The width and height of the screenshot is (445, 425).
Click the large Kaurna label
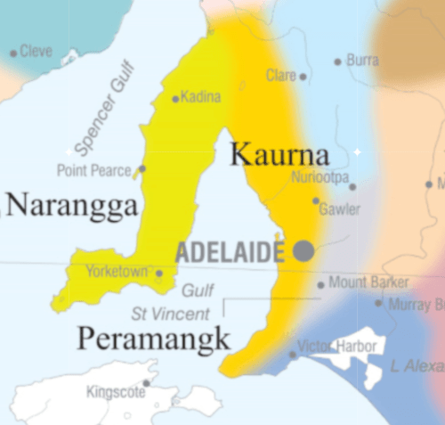click(x=279, y=154)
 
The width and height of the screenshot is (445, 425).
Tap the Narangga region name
click(x=71, y=206)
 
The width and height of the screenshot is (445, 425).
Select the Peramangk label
click(x=153, y=339)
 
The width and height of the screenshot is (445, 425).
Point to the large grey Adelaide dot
click(x=303, y=250)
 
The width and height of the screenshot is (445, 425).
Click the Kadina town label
click(x=200, y=97)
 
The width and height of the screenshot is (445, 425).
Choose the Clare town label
click(x=280, y=76)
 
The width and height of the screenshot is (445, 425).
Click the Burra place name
click(x=362, y=61)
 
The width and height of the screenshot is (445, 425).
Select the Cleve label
click(x=36, y=52)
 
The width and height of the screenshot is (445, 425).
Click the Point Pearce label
click(x=93, y=169)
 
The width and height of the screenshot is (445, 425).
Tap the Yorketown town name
click(x=117, y=271)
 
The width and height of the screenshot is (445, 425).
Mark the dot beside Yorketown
click(x=158, y=273)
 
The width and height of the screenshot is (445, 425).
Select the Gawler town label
click(x=340, y=209)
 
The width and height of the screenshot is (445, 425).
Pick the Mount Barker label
click(x=368, y=282)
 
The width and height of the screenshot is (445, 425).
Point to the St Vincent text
click(x=170, y=314)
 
